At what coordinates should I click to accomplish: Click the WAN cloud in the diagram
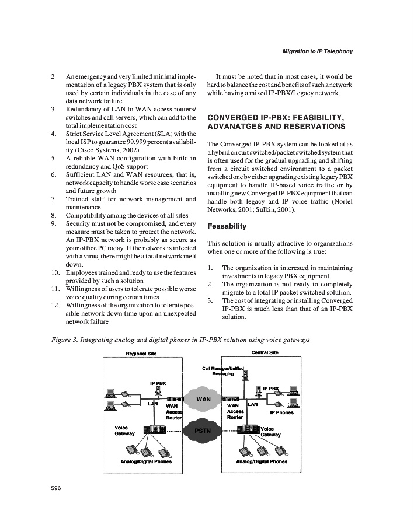pos(203,399)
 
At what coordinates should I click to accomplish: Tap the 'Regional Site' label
pos(141,353)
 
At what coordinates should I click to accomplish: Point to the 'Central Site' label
pos(265,352)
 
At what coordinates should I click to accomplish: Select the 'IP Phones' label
pos(281,412)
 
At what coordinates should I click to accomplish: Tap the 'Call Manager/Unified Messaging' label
pos(223,371)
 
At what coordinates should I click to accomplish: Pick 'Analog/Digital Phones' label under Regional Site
pos(145,461)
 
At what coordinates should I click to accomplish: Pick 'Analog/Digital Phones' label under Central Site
pos(262,461)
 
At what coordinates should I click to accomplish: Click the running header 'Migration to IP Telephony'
pos(317,52)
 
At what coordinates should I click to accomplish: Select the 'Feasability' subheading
pos(227,226)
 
